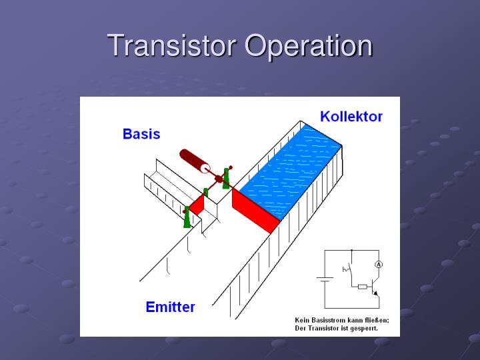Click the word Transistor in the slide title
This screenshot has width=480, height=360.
click(172, 46)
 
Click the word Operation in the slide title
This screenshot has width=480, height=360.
click(308, 46)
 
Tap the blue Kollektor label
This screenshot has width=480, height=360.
click(351, 117)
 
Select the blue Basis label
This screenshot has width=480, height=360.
click(141, 134)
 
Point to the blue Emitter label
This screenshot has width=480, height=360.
click(170, 307)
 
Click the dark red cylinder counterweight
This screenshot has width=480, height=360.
click(194, 161)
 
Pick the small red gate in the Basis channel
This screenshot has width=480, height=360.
click(196, 204)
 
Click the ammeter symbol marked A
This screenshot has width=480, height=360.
click(378, 265)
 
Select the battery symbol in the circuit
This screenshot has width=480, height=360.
click(325, 280)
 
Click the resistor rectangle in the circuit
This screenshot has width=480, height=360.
click(362, 287)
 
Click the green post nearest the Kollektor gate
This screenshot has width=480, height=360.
click(227, 177)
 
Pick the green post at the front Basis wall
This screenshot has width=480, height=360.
click(187, 217)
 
